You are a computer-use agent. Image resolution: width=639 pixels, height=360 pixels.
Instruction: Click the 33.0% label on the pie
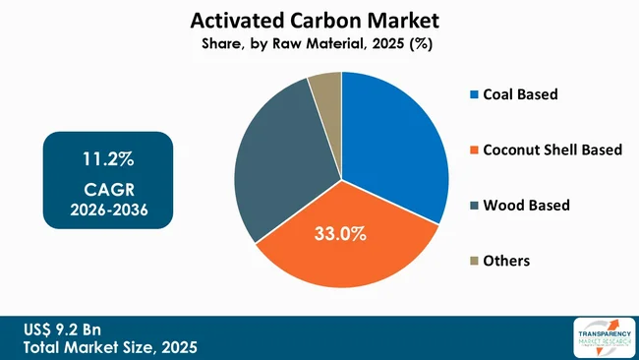tap(340, 234)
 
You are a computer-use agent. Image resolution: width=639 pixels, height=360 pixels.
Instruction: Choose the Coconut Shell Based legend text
tap(552, 150)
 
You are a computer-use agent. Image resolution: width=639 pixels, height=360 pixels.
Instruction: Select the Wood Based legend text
tap(526, 205)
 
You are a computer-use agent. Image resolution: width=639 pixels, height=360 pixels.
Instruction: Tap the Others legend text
tap(506, 261)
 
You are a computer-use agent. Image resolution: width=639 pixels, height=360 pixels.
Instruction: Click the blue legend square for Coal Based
tap(475, 95)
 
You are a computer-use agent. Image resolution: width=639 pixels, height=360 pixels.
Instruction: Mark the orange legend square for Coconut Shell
tap(475, 150)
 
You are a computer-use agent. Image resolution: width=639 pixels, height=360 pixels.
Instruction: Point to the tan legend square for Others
tap(475, 261)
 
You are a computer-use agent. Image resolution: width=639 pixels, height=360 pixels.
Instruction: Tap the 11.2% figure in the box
tap(107, 159)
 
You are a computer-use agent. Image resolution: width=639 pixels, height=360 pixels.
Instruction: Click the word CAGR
tap(107, 189)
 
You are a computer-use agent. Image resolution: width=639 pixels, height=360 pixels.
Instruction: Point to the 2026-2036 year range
tap(107, 210)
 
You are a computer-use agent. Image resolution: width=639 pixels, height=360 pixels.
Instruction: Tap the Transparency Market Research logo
tap(599, 337)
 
